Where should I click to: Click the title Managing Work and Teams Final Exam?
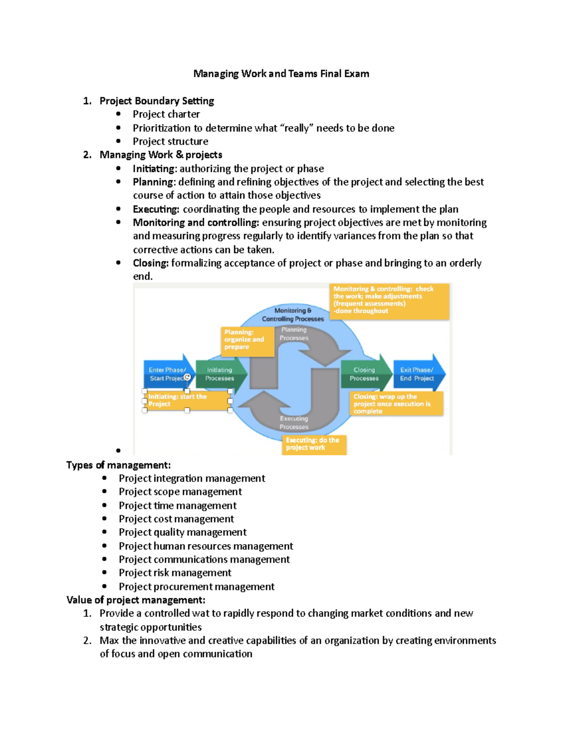(x=281, y=73)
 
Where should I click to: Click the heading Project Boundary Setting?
(x=156, y=101)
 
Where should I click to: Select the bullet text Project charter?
(x=166, y=114)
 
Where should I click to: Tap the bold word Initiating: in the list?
(x=154, y=169)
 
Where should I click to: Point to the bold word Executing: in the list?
(x=156, y=209)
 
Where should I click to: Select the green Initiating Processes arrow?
(x=219, y=374)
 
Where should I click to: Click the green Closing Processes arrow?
(x=364, y=374)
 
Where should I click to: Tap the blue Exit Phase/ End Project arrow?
(x=417, y=374)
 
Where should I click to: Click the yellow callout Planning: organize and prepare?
(x=247, y=339)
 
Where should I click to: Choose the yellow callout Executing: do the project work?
(x=314, y=444)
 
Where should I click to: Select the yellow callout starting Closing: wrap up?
(x=395, y=404)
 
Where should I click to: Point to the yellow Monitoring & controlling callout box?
(x=389, y=300)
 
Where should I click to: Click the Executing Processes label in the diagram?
(x=294, y=423)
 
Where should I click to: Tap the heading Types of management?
(x=118, y=465)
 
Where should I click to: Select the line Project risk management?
(x=175, y=573)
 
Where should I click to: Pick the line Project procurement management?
(x=196, y=586)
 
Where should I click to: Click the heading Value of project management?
(x=136, y=600)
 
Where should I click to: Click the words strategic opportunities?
(x=150, y=627)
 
